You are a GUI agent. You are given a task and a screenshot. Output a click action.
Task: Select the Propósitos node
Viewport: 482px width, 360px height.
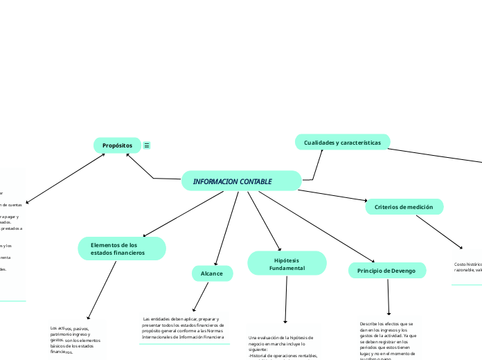click(x=117, y=145)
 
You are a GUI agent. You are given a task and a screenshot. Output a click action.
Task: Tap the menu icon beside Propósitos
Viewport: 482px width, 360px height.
click(x=147, y=145)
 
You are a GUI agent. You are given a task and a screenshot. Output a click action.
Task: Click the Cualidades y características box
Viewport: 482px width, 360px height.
click(x=342, y=142)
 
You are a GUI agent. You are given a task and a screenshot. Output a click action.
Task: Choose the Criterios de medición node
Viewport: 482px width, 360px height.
click(x=404, y=207)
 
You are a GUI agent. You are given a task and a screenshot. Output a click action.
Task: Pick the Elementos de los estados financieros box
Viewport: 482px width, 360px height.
click(x=121, y=249)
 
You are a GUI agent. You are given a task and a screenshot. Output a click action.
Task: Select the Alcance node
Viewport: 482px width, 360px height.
click(x=212, y=273)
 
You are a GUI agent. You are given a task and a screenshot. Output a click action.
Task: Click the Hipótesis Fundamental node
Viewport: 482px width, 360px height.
click(x=287, y=263)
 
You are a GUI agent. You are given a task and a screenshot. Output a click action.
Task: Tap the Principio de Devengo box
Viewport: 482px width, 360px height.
click(x=386, y=271)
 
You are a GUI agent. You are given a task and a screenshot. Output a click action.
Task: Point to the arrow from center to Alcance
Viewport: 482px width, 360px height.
click(x=227, y=228)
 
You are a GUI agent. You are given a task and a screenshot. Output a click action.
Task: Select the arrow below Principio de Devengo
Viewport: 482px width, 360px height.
click(x=389, y=298)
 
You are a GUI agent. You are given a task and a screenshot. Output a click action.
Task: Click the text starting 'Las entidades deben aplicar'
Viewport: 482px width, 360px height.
click(x=184, y=327)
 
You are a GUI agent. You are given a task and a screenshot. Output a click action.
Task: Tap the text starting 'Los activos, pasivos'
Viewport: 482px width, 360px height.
click(x=75, y=339)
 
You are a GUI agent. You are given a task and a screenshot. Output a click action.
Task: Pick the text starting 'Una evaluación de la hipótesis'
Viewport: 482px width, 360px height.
click(x=283, y=346)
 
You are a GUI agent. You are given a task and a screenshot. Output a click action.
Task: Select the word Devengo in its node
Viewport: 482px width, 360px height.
click(x=402, y=271)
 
